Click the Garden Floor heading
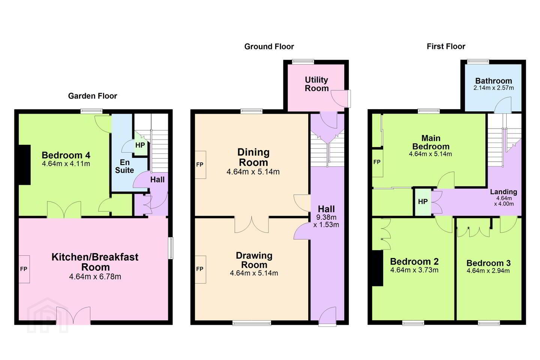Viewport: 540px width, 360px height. pos(93,96)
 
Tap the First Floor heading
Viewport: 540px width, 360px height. pos(446,46)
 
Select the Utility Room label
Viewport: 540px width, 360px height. pos(316,84)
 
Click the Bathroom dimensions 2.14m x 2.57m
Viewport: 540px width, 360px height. pos(493,88)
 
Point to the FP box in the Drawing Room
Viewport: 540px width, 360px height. pos(200,269)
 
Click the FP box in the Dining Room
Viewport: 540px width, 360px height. pos(200,165)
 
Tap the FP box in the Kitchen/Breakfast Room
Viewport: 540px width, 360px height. pos(24,269)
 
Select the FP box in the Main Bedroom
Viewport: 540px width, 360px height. pos(378,163)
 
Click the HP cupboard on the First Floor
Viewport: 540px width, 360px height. pos(423,202)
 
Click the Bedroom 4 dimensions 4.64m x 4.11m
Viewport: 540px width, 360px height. pos(66,164)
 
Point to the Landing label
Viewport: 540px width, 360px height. pos(504,192)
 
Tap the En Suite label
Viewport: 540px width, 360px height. pos(124,166)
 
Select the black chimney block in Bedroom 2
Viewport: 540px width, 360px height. pos(378,268)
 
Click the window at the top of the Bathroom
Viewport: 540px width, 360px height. pos(478,62)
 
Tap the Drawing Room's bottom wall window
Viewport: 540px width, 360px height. pos(252,323)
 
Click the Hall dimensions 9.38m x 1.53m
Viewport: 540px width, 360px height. pos(326,221)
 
